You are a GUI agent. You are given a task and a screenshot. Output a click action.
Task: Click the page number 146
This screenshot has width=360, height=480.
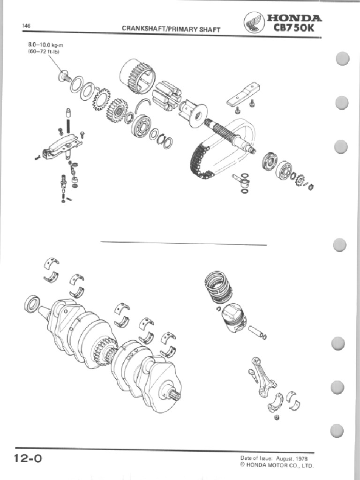pos(26,26)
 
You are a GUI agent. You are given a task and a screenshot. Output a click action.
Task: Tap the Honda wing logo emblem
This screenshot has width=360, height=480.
pos(254,23)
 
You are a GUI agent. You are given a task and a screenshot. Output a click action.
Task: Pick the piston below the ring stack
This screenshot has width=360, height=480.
pos(233,318)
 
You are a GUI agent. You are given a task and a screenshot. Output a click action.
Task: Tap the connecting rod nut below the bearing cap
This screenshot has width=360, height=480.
pos(277,418)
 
